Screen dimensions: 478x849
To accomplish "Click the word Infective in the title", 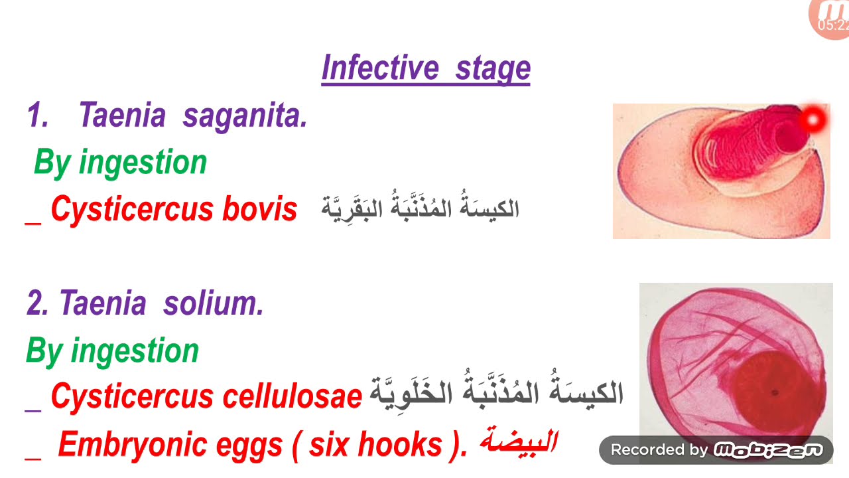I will pyautogui.click(x=380, y=68).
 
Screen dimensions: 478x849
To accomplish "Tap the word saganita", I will pyautogui.click(x=245, y=116).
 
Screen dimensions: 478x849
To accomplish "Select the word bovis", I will pyautogui.click(x=259, y=209).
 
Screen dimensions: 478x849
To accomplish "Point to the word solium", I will pyautogui.click(x=214, y=303).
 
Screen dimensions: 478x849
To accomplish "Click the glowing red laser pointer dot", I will pyautogui.click(x=813, y=120).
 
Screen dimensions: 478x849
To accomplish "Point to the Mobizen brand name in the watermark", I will pyautogui.click(x=767, y=450).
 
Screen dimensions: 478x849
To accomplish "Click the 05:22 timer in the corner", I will pyautogui.click(x=833, y=25).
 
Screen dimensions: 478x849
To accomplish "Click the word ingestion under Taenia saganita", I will pyautogui.click(x=143, y=163).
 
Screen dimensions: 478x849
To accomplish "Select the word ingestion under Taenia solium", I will pyautogui.click(x=135, y=351).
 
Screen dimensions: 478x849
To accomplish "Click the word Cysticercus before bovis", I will pyautogui.click(x=132, y=209).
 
